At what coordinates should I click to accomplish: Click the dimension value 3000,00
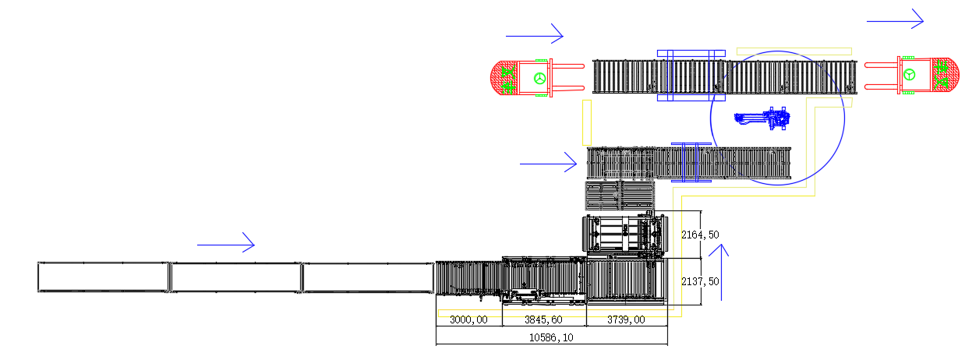468,319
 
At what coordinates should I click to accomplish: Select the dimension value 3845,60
543,319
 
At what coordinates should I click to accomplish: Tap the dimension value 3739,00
626,319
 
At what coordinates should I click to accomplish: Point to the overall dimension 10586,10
551,337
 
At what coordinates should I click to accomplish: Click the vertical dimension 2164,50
700,235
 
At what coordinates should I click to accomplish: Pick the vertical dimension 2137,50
700,282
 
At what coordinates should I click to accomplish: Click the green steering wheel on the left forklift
540,79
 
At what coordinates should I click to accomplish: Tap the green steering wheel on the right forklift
910,75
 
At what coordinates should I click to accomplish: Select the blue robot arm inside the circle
762,118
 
